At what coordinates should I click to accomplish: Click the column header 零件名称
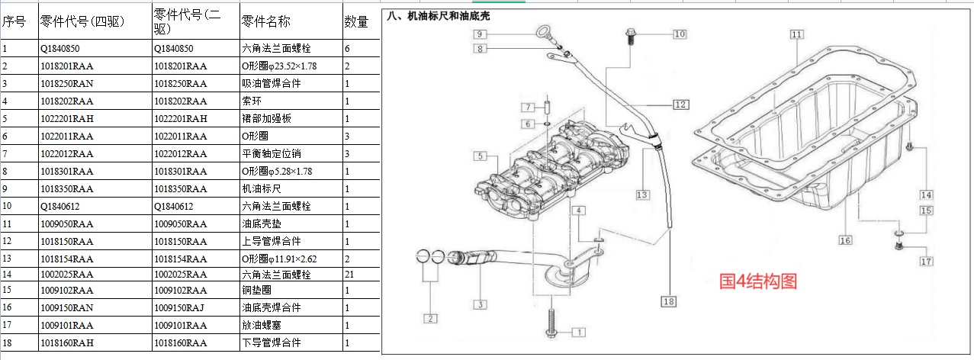pos(265,22)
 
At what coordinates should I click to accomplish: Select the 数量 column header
pos(356,22)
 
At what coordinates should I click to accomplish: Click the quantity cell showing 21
pos(349,274)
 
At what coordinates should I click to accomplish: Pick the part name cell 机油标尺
pos(262,188)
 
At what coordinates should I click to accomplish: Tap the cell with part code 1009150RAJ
pos(181,307)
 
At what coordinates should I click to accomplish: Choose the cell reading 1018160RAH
pos(66,342)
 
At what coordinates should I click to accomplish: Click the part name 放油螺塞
pos(262,325)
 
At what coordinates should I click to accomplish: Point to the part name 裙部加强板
pos(267,118)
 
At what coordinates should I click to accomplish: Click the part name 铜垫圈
pos(258,290)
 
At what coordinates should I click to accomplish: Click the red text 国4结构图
pos(758,281)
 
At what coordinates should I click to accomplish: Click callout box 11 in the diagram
pos(796,34)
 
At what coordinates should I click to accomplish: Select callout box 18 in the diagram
pos(668,301)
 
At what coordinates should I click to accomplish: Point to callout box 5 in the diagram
pos(480,156)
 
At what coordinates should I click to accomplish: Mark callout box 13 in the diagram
pos(642,194)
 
